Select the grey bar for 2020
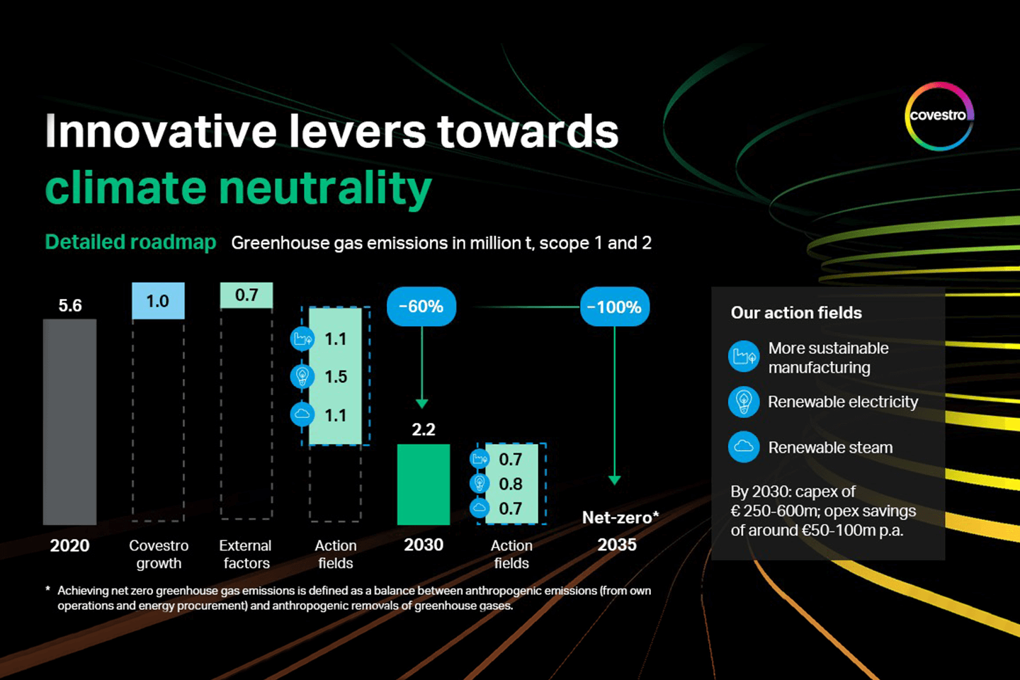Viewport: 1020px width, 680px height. click(x=69, y=421)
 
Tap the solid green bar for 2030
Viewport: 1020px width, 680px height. click(x=424, y=484)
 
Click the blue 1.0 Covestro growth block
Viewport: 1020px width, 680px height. click(x=158, y=300)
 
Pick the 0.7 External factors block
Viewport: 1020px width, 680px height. click(x=246, y=295)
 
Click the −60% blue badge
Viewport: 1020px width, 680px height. click(x=421, y=307)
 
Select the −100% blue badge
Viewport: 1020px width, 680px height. click(x=615, y=307)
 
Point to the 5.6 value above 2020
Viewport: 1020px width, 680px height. click(x=70, y=305)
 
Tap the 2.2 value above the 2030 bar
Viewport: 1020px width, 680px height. click(x=424, y=429)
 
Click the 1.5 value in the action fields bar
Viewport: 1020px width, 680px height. click(x=336, y=377)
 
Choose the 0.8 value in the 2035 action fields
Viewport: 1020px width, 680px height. click(x=511, y=484)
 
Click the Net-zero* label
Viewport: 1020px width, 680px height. click(x=620, y=517)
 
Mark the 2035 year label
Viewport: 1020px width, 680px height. click(x=616, y=545)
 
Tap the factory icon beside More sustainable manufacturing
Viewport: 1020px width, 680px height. click(x=744, y=356)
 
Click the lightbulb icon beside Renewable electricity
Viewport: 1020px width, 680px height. click(x=744, y=402)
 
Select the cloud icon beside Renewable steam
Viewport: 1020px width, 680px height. click(x=744, y=447)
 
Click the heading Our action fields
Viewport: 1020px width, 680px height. click(x=796, y=313)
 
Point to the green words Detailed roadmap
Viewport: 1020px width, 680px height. click(x=130, y=242)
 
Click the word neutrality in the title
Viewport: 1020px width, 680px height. click(x=325, y=188)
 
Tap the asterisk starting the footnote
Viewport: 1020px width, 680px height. click(x=48, y=589)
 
